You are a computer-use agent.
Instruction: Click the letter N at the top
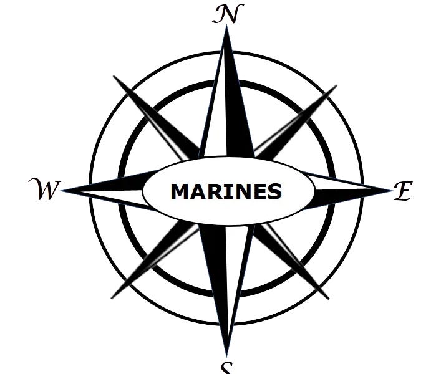coord(227,14)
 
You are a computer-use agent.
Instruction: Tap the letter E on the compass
coord(402,191)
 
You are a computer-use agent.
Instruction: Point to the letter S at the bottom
coord(227,368)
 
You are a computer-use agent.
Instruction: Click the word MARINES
coord(226,191)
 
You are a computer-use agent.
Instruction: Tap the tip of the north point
coord(226,28)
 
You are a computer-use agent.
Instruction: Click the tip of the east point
coord(390,189)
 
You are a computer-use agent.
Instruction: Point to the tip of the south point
coord(227,354)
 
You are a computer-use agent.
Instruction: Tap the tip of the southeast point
coord(328,299)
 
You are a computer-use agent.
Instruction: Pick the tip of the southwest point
coord(112,297)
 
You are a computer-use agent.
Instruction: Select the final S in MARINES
coord(274,192)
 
